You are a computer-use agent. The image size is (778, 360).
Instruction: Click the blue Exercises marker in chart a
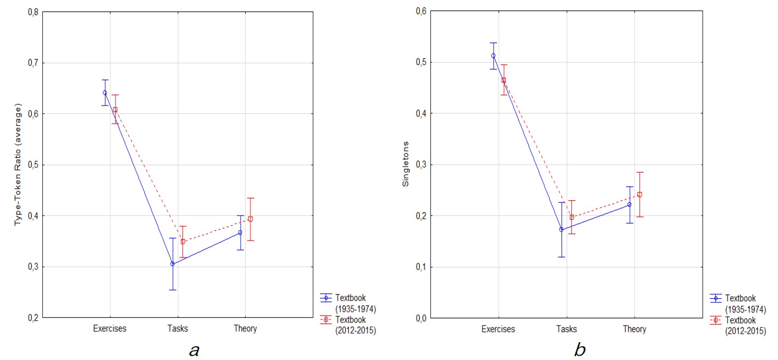[x=105, y=93]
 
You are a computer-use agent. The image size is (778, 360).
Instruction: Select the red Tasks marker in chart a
[x=183, y=242]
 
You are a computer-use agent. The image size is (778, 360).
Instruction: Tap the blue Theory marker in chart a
[x=240, y=232]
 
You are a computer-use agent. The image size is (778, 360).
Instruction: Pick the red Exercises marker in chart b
[x=503, y=80]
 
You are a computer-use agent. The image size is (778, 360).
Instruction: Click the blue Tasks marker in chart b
[x=561, y=229]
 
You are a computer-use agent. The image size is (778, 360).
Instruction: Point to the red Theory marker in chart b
[x=639, y=194]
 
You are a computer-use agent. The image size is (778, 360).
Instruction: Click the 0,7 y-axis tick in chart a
[x=33, y=63]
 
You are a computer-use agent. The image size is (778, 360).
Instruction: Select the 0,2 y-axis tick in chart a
[x=33, y=318]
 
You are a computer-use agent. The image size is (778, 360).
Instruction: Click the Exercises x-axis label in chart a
[x=109, y=328]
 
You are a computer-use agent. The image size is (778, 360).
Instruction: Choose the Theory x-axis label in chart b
[x=634, y=329]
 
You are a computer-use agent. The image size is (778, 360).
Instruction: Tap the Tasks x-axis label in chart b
[x=566, y=329]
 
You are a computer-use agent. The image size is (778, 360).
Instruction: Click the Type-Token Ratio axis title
[x=18, y=164]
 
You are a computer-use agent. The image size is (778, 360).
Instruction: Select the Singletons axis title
[x=406, y=164]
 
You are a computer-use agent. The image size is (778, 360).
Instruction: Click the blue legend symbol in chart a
[x=325, y=298]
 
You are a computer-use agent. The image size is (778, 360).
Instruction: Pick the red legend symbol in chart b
[x=715, y=321]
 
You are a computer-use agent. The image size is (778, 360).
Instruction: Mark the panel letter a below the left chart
[x=194, y=350]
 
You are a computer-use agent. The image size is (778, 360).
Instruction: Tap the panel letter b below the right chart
[x=580, y=349]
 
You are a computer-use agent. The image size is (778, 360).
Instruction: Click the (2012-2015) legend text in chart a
[x=355, y=330]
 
